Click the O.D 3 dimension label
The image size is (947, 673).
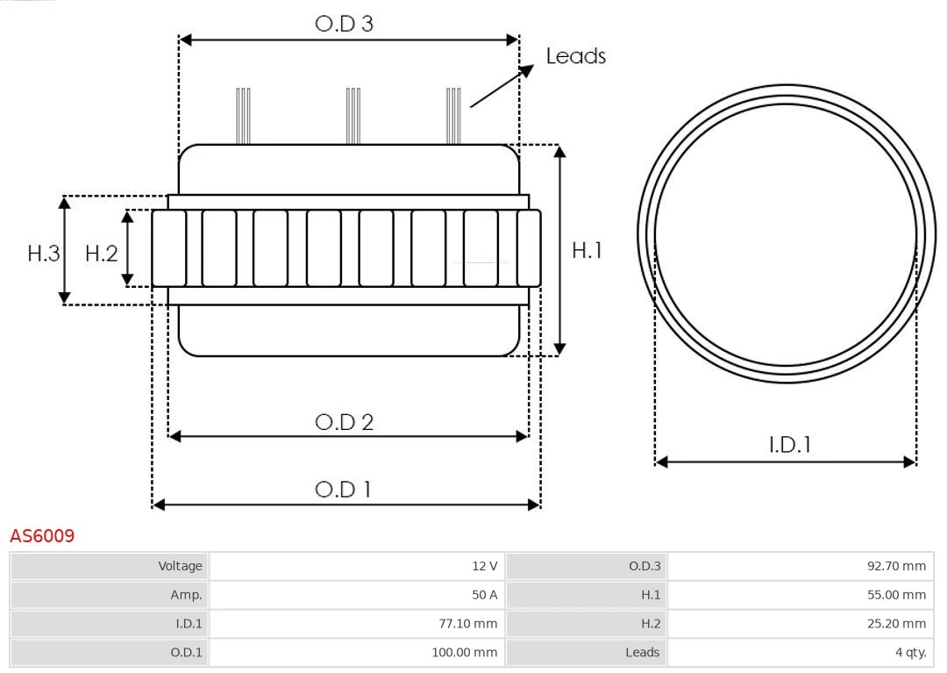click(344, 24)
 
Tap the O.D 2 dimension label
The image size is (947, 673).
click(344, 422)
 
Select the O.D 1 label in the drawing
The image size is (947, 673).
click(344, 489)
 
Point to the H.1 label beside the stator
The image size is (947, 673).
click(587, 250)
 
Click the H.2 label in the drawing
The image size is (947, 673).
click(101, 254)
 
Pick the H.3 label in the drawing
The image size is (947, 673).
click(44, 254)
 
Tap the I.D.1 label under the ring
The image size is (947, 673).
click(789, 445)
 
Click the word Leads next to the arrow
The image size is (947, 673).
click(575, 56)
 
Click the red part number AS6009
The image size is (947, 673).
click(42, 536)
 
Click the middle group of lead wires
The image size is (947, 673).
click(353, 116)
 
